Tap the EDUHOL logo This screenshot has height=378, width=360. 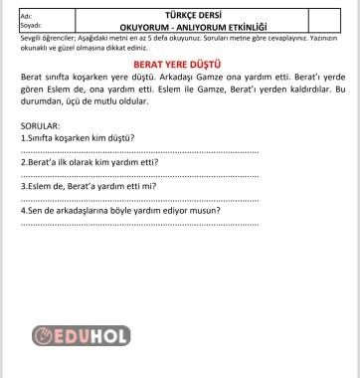(x=82, y=336)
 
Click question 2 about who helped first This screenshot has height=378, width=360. (x=90, y=161)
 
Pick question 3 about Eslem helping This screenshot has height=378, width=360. (x=90, y=186)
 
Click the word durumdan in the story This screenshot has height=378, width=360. (x=42, y=100)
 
